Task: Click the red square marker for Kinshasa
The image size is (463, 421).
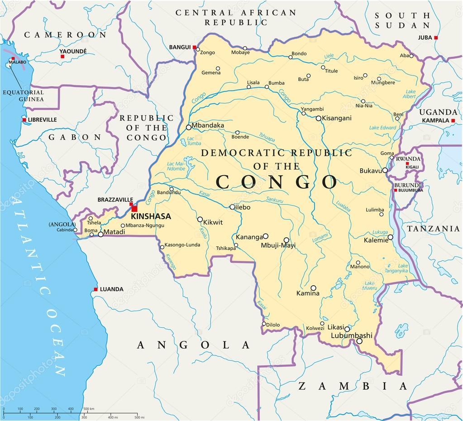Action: pos(134,209)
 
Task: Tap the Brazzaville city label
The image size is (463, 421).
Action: pos(115,200)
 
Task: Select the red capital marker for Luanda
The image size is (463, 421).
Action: pos(95,289)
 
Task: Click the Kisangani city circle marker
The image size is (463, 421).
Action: pos(318,118)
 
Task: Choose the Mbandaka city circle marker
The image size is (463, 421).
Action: pos(188,127)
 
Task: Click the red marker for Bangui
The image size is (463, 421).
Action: pos(194,47)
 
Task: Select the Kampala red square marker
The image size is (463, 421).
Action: pos(453,120)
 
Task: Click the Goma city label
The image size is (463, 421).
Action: pos(387,153)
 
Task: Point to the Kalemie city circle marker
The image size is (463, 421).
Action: pos(390,237)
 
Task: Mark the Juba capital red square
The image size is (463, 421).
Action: pos(436,38)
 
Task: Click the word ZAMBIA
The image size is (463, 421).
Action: pos(353,386)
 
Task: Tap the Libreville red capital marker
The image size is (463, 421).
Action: pos(24,120)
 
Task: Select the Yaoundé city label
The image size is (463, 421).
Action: pos(73,51)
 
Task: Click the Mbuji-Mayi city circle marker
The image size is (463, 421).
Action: pos(286,240)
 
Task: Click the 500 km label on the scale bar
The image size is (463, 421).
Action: pos(89,409)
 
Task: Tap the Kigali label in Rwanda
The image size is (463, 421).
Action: pos(412,167)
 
